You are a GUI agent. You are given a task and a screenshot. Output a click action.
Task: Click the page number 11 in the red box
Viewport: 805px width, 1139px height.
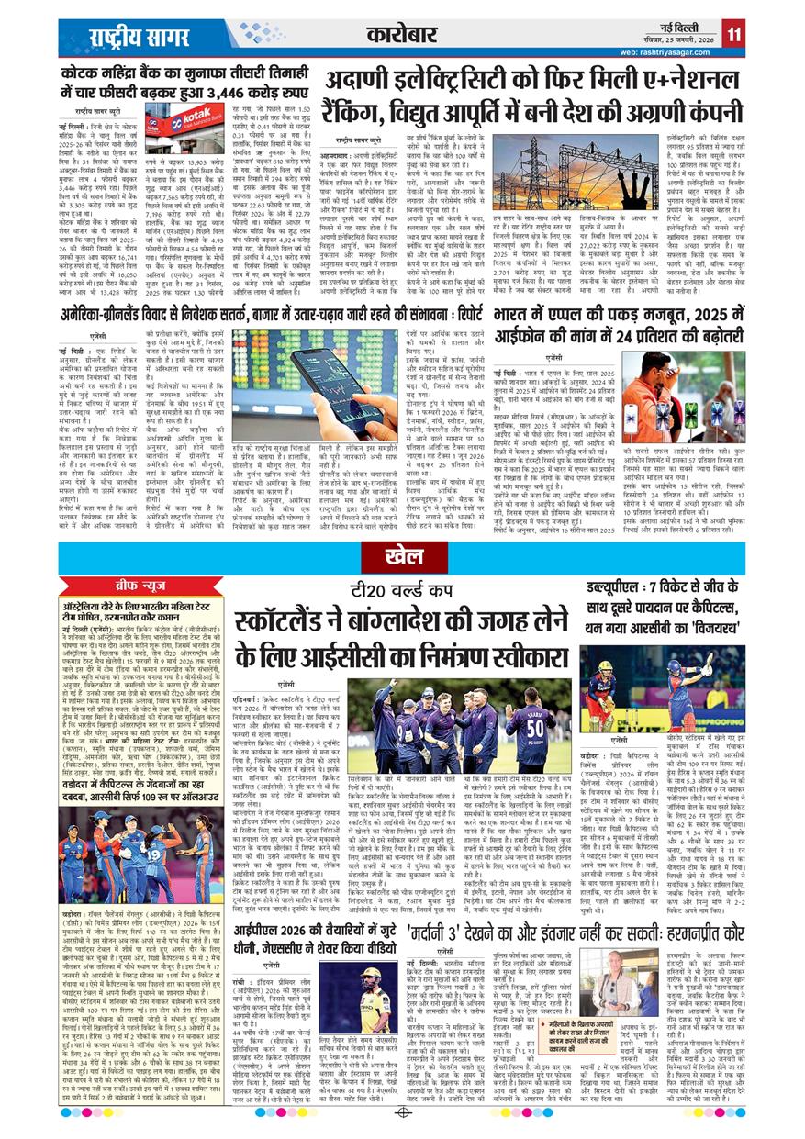(734, 35)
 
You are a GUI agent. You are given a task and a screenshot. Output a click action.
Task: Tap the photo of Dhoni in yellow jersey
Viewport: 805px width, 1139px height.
(375, 995)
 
